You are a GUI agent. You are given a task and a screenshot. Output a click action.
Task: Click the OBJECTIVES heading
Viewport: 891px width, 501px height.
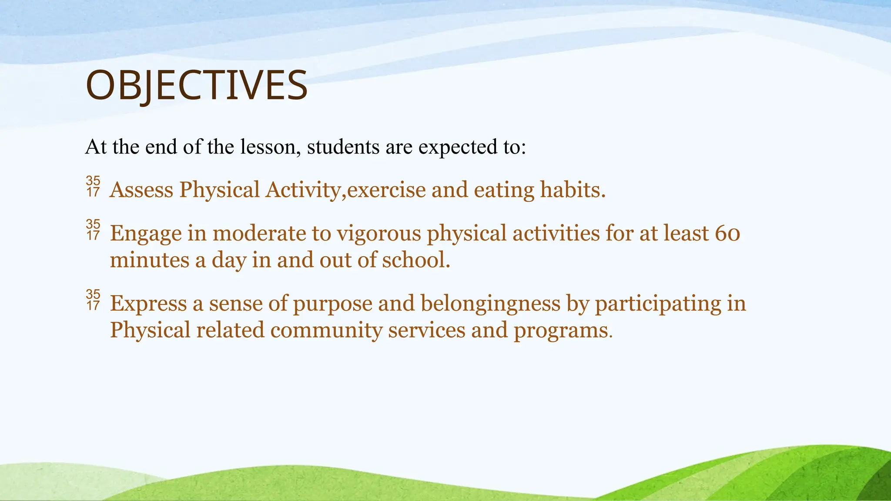[196, 86]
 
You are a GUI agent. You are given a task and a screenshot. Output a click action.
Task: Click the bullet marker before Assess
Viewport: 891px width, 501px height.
[93, 187]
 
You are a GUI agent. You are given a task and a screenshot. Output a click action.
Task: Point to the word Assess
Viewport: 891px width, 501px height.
[141, 190]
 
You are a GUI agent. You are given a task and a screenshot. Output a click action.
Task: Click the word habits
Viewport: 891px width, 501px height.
[573, 190]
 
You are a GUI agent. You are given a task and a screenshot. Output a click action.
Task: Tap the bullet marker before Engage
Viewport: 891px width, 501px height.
[93, 230]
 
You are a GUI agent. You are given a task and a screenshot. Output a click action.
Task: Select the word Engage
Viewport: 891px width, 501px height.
[146, 234]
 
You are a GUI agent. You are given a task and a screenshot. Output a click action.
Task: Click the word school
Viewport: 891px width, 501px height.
[415, 260]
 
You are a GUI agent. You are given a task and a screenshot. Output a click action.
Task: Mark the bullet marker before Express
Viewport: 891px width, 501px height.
[93, 300]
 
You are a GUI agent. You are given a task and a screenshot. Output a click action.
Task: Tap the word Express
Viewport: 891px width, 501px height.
[148, 304]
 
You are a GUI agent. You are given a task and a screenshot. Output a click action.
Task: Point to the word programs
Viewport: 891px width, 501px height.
[563, 330]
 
